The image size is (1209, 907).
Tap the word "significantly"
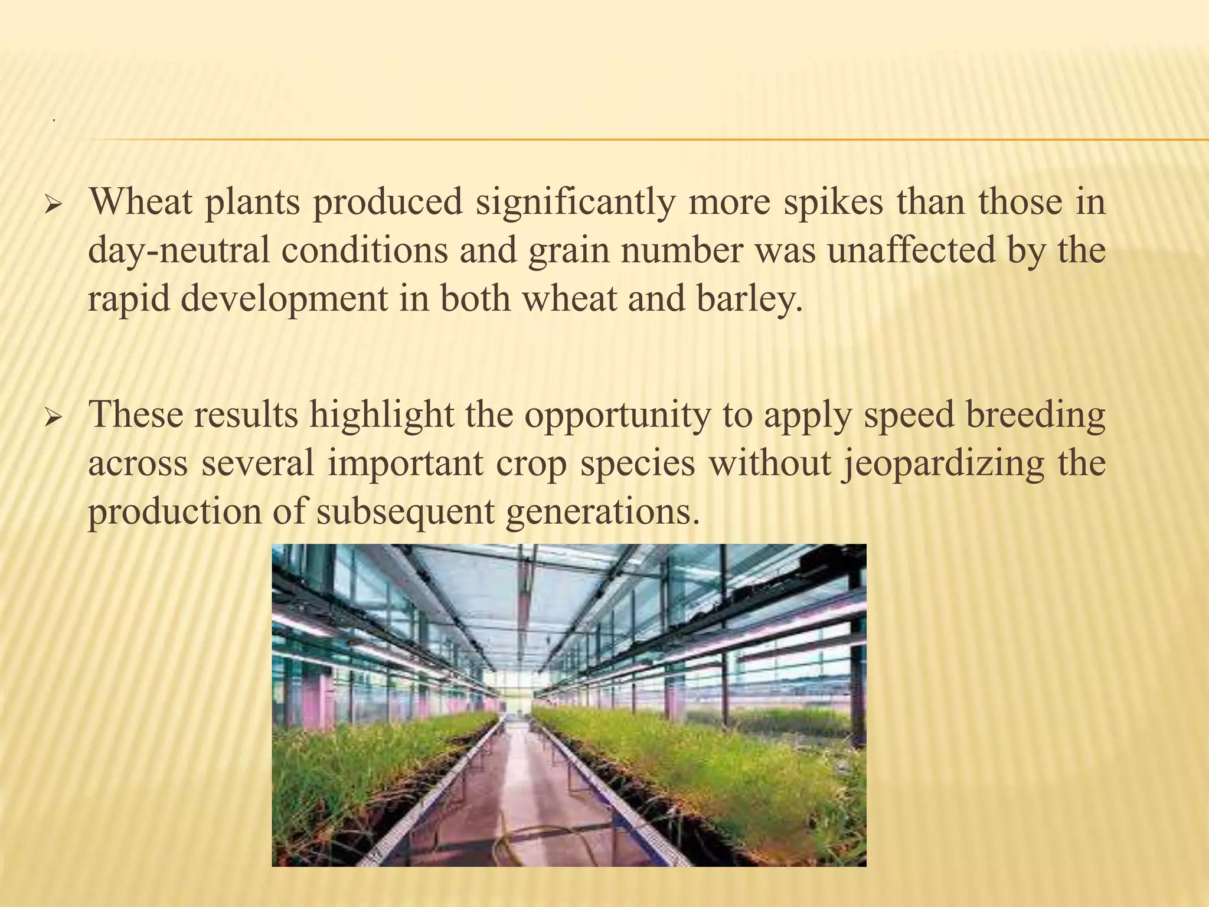point(576,203)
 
